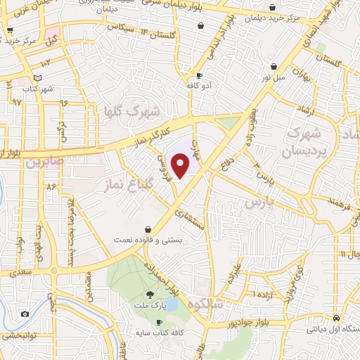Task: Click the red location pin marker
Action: pos(181,165)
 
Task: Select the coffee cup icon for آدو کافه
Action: pos(199,75)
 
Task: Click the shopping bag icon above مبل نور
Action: pos(271,67)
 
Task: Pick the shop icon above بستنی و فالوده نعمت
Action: pos(148,229)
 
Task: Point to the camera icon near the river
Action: pos(25,314)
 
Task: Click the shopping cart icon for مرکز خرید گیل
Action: pos(9,31)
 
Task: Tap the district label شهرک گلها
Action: pos(131,111)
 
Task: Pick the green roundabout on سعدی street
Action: pos(53,270)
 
